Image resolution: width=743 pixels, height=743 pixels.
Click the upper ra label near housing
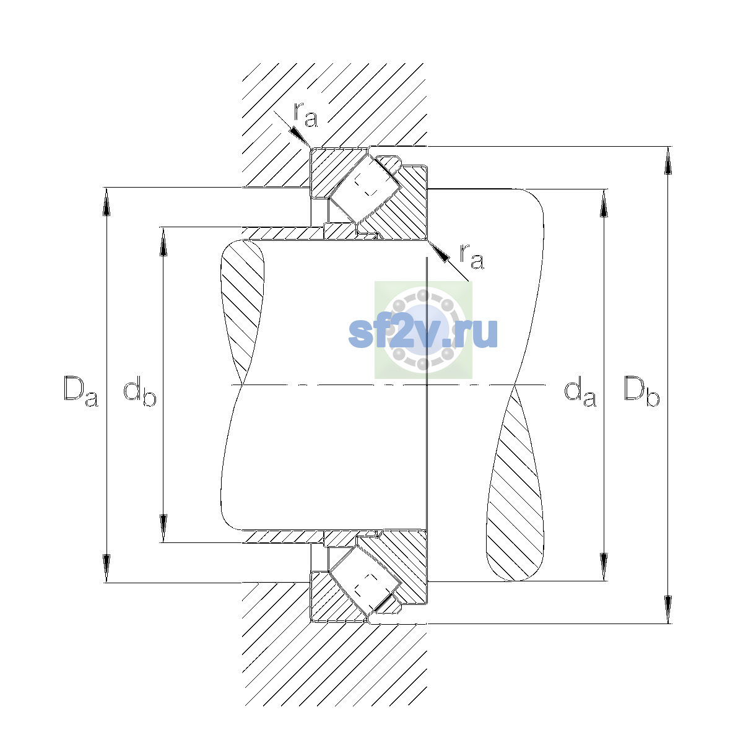click(x=305, y=115)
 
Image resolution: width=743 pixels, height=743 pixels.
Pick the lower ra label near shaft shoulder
click(x=472, y=256)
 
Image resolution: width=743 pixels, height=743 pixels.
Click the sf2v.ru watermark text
click(x=423, y=332)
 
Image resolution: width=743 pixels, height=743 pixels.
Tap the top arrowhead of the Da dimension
click(x=106, y=202)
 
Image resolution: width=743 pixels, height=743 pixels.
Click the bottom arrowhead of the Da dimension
click(x=106, y=568)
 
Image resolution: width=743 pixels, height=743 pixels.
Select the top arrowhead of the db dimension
click(x=163, y=241)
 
